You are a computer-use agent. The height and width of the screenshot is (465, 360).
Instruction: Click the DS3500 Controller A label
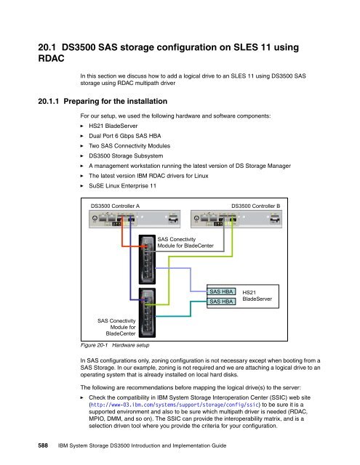click(x=115, y=206)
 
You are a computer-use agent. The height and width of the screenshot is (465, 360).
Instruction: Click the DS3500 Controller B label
click(x=255, y=206)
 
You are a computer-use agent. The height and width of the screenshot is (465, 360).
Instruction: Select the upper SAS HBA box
click(x=221, y=291)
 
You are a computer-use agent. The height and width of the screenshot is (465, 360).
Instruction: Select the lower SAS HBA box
click(x=221, y=302)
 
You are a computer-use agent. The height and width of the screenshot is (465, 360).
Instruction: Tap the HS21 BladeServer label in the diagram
click(x=257, y=296)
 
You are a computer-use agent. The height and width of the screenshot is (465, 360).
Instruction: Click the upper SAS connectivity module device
click(x=147, y=259)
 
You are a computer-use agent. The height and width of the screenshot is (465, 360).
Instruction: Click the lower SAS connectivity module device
click(x=147, y=312)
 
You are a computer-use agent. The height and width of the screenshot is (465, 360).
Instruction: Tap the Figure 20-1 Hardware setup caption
click(x=115, y=345)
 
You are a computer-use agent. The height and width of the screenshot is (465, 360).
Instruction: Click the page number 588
click(x=43, y=445)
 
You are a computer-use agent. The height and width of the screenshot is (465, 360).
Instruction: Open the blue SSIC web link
click(x=175, y=405)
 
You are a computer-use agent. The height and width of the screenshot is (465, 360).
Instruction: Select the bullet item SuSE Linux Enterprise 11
click(x=123, y=186)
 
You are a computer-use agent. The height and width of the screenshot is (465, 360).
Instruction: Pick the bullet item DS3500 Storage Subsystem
click(x=126, y=155)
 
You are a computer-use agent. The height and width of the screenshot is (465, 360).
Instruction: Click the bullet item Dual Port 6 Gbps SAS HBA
click(x=125, y=136)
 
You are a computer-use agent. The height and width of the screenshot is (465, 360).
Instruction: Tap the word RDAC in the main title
click(x=52, y=58)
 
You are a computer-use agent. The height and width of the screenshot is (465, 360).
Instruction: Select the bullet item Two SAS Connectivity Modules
click(x=129, y=146)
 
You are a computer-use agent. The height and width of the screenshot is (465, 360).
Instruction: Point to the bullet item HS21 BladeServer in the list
click(x=113, y=126)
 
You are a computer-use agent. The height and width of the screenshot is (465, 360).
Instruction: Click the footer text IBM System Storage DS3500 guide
click(x=142, y=445)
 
